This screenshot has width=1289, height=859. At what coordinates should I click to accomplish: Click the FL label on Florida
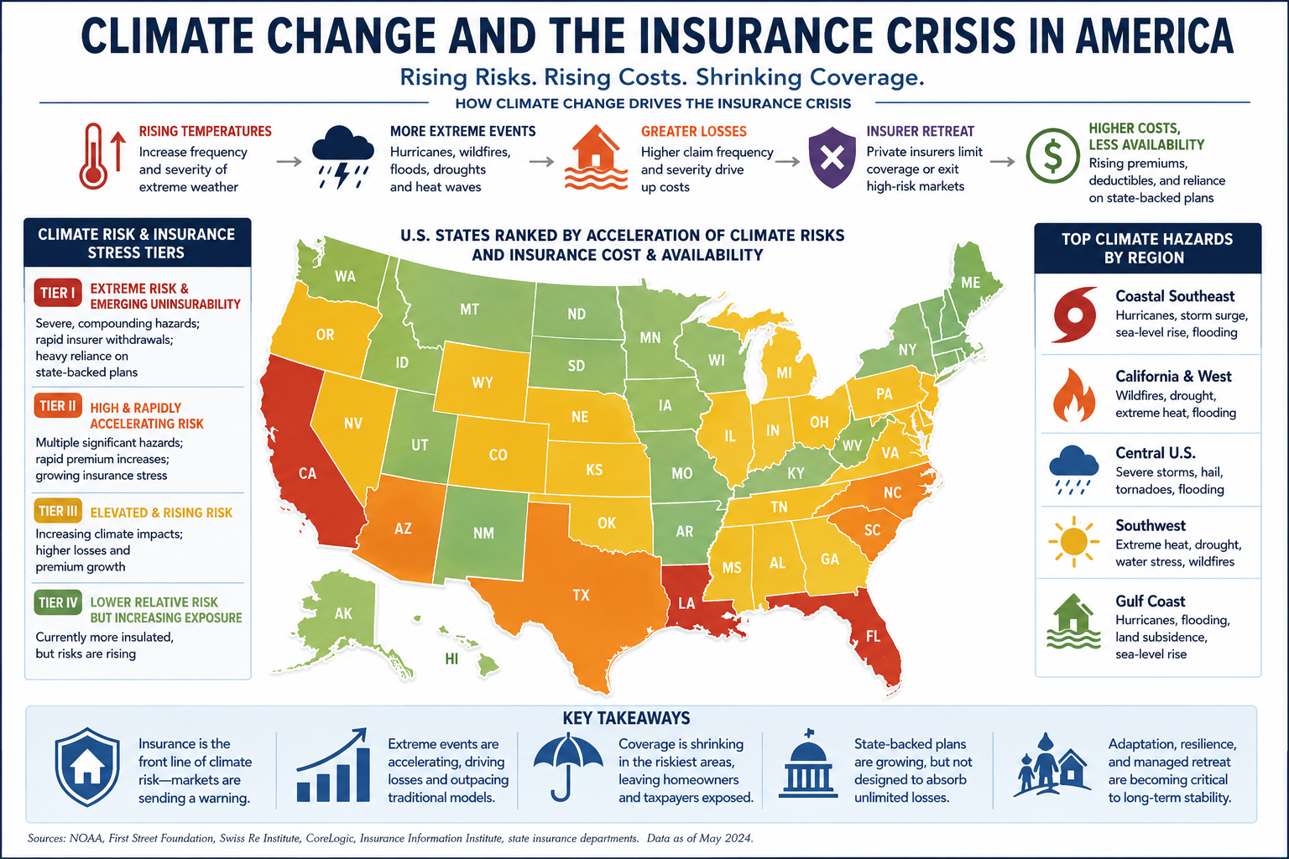click(873, 636)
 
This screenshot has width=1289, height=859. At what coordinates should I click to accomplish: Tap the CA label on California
click(307, 473)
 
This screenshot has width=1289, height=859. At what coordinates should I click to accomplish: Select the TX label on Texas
click(582, 595)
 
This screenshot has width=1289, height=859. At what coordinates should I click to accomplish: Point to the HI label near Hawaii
click(451, 659)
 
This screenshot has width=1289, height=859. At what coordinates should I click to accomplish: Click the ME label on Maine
click(971, 283)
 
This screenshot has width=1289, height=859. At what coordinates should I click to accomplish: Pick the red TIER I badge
click(58, 293)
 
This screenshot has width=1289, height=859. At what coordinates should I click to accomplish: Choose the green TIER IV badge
click(58, 602)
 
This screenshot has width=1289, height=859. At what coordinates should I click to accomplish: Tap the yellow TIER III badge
click(58, 512)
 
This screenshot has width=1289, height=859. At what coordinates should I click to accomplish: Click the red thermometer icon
click(93, 156)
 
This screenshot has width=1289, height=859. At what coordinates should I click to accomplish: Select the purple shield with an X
click(832, 157)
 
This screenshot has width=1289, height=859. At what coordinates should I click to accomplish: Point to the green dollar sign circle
click(1053, 156)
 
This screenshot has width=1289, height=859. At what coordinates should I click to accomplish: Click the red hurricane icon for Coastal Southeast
click(1074, 314)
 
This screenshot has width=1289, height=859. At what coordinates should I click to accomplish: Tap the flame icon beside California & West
click(1074, 395)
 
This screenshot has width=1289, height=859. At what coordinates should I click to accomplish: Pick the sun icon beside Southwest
click(1074, 541)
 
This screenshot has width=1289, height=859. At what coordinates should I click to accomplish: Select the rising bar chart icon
click(333, 766)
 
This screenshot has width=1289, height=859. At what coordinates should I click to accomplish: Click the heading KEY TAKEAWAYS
click(627, 718)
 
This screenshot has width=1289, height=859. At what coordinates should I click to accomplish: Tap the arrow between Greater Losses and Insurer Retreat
click(787, 162)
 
